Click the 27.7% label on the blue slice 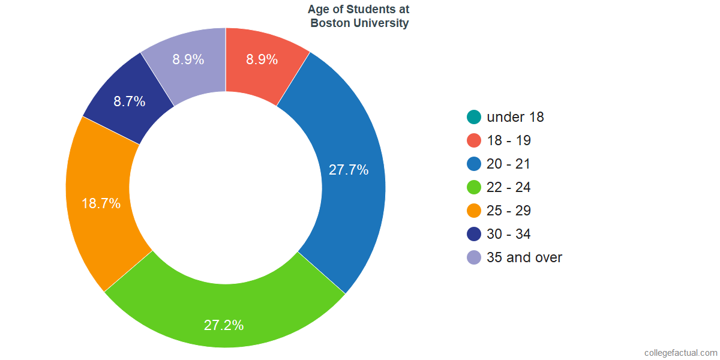349,170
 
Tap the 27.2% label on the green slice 224,325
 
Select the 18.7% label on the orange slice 101,203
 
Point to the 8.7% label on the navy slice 130,101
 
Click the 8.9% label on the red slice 262,59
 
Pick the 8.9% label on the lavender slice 188,59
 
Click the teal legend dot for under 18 474,117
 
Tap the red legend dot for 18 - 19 474,140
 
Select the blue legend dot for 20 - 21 474,164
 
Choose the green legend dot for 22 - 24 474,187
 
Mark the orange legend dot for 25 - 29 474,211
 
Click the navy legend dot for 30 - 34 474,234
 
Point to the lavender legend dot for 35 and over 474,257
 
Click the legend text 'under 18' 515,117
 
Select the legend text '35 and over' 524,257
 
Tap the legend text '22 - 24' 509,187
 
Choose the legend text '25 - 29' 509,211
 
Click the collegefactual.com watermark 680,353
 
